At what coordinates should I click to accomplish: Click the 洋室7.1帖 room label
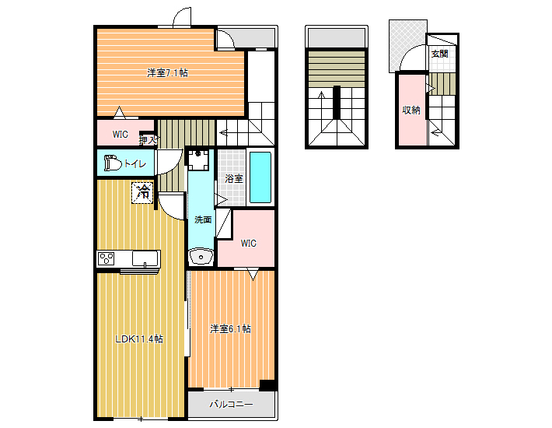[167, 73]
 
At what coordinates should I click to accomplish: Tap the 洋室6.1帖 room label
[230, 328]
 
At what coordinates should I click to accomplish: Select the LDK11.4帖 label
[139, 339]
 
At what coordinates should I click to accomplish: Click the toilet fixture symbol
[113, 163]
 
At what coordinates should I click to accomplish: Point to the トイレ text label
[135, 163]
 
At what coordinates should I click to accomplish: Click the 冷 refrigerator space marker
[142, 192]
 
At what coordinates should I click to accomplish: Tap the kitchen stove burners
[107, 259]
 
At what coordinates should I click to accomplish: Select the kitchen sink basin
[145, 259]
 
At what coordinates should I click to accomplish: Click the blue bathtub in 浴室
[260, 177]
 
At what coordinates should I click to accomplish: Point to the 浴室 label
[234, 179]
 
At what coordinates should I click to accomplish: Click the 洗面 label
[203, 219]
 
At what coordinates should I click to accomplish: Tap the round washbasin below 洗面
[201, 257]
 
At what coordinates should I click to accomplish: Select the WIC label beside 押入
[120, 134]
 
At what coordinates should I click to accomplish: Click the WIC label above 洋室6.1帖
[249, 243]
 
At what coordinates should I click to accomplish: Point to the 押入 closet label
[147, 140]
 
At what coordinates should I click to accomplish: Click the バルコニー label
[231, 404]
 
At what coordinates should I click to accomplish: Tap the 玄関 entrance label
[440, 54]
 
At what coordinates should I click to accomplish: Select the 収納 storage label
[411, 110]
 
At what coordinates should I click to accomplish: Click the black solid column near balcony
[267, 385]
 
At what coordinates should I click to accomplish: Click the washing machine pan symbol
[198, 160]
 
